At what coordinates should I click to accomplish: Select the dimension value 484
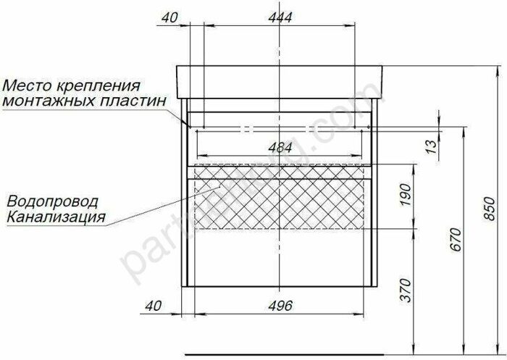(x=280, y=147)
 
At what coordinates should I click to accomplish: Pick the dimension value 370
(x=405, y=290)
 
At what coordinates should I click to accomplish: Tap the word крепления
(x=101, y=85)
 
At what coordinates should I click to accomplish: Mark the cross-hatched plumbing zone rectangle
(x=279, y=197)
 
